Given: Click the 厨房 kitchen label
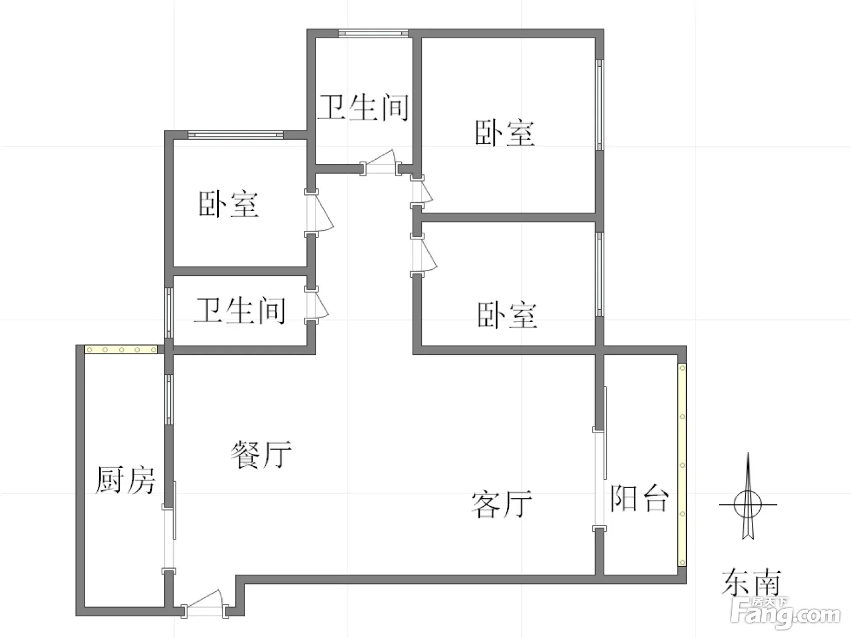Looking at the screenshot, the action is (x=125, y=480).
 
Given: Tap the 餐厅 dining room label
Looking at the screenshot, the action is (x=261, y=454).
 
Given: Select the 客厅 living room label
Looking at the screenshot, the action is (x=501, y=504).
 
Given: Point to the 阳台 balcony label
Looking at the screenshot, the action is (x=639, y=498).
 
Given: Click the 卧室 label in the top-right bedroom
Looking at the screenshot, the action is (x=505, y=133).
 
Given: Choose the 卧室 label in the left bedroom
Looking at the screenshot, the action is (x=229, y=204).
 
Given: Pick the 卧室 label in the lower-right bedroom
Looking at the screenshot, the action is (x=507, y=315).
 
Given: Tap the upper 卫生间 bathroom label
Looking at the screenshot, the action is (x=363, y=108).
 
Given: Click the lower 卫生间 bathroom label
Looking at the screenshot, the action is (x=240, y=310).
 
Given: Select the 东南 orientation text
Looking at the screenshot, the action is (x=751, y=582).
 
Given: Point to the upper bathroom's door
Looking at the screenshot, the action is (x=381, y=163).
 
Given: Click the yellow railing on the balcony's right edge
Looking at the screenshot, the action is (x=682, y=464).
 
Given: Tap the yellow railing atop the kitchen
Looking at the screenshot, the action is (x=121, y=350).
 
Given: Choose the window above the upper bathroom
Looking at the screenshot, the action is (x=373, y=33).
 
